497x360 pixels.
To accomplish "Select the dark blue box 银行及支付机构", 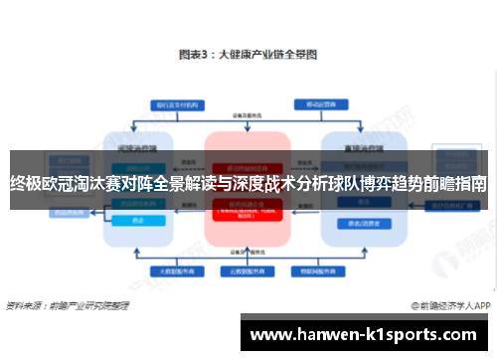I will coord(169,103).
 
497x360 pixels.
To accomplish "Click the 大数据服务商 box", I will coord(170,270).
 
